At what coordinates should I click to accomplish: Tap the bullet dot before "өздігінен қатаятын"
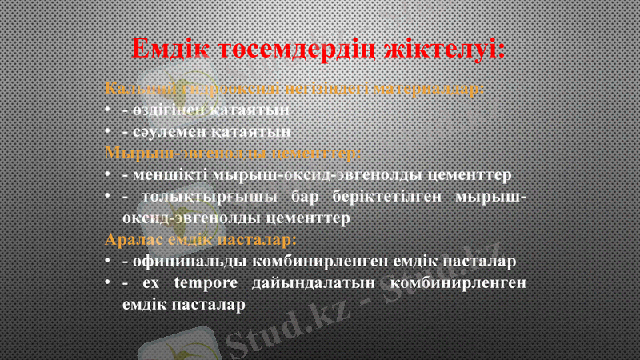(107, 110)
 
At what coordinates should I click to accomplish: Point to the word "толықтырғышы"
(209, 196)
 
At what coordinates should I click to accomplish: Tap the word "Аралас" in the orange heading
(134, 239)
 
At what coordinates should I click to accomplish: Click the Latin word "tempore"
(206, 283)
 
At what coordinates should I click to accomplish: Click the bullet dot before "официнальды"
(107, 262)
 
